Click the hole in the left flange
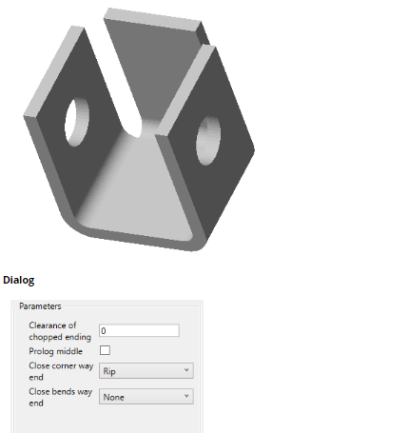pos(77,122)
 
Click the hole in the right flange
pos(208,141)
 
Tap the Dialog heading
pos(19,280)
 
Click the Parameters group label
pos(40,306)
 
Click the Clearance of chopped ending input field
pos(139,330)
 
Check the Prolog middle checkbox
pos(105,350)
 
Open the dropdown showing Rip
pos(146,371)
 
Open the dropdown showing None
pos(146,397)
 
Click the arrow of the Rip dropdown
pos(186,370)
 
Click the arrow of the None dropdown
pos(186,396)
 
